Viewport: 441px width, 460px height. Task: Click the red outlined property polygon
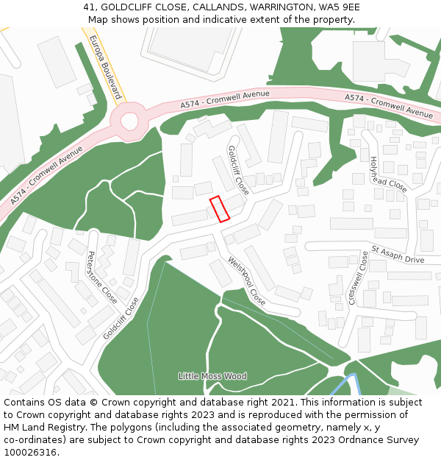[220, 208]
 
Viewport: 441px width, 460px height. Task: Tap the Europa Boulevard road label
[104, 67]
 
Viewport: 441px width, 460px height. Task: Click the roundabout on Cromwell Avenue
[129, 120]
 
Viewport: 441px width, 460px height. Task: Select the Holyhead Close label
[388, 174]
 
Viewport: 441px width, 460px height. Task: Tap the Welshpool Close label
[246, 280]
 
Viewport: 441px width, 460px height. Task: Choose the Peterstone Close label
[102, 277]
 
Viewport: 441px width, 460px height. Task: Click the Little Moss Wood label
[212, 376]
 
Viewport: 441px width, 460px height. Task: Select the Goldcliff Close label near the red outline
[238, 170]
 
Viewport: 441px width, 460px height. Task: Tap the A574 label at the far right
[389, 106]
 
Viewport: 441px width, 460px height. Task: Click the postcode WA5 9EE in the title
[340, 7]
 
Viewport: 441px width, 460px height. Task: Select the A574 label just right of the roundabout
[225, 100]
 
